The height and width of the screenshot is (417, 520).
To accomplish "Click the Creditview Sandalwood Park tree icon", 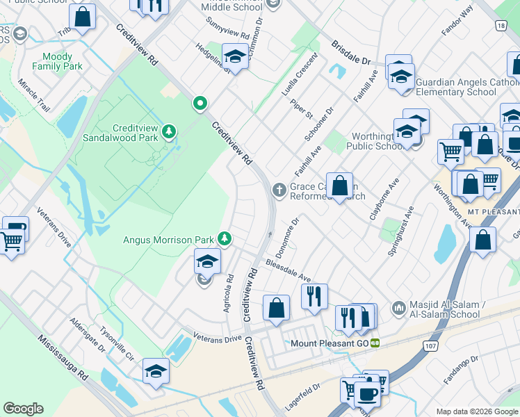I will pos(168,131).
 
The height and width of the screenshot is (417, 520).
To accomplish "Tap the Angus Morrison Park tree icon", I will pos(225,239).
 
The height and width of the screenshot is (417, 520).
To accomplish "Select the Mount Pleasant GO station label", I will pos(329,343).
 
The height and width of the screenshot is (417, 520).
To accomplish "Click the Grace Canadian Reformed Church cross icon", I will pos(279,189).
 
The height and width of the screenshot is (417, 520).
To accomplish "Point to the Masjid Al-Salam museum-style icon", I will pos(398,307).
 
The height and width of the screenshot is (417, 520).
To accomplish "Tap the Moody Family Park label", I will pos(62,61).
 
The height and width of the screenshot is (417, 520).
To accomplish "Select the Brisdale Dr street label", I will pos(351,52).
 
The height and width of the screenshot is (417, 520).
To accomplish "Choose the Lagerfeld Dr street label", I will pos(303,397).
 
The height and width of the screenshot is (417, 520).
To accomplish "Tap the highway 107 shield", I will pos(428,346).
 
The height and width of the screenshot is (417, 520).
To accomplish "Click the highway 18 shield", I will pos(501,25).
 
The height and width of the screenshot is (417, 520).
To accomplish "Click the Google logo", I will pos(24,409).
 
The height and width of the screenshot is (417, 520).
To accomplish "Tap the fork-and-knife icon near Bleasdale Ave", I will pos(314,296).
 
